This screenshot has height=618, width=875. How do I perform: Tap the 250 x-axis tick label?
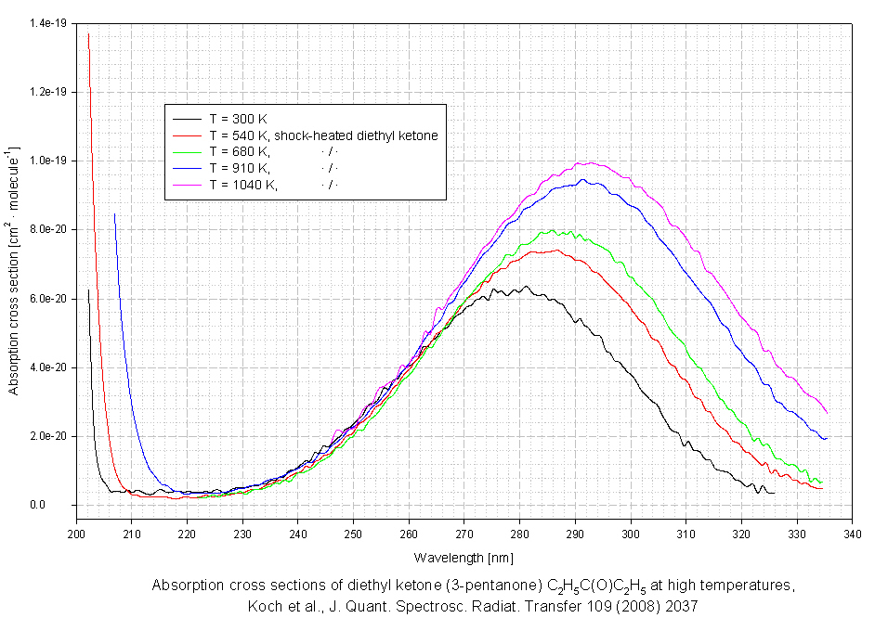[x=353, y=534]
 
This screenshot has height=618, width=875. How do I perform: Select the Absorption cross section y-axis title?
[x=14, y=269]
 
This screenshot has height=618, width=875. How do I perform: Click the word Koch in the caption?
[x=263, y=606]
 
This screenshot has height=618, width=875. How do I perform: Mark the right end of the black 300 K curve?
[x=775, y=493]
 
